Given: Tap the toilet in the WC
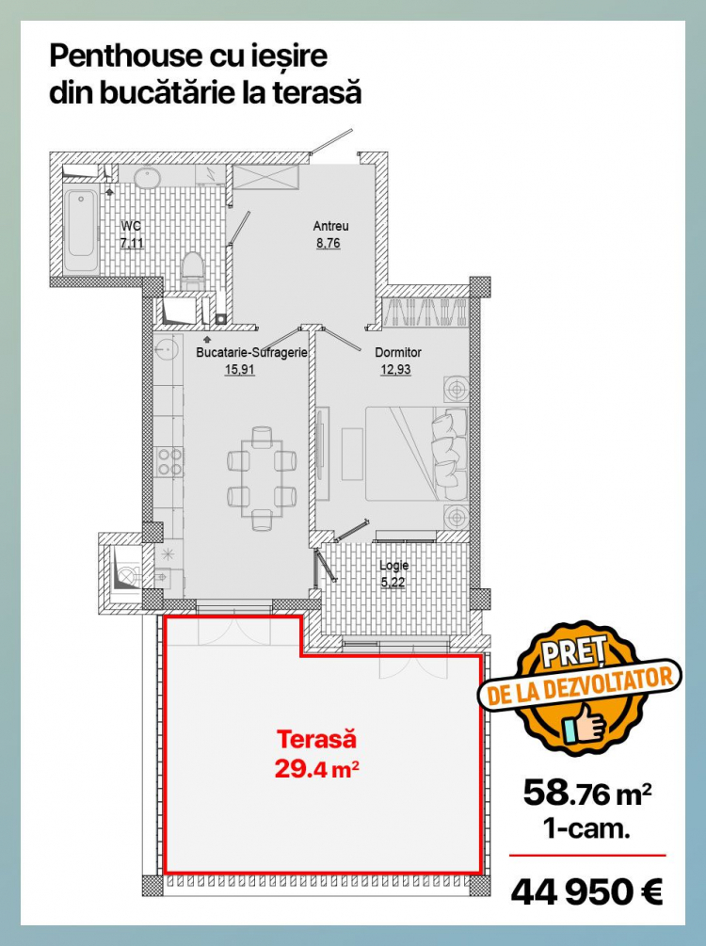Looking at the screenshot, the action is pos(192,269).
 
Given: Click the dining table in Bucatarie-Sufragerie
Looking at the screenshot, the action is pos(262,479).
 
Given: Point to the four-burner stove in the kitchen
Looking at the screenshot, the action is pos(168,461).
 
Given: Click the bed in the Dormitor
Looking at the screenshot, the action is pos(416,454).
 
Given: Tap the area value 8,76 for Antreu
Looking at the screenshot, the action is pos(329,243).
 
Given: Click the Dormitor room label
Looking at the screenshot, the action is pos(397,352).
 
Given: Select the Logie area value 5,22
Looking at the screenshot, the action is pos(393,583).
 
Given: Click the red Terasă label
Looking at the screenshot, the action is pos(316,739).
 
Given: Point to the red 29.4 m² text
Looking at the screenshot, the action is pos(317,769).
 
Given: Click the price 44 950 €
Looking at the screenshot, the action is pos(586,891).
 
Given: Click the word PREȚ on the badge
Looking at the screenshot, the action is pos(572,654).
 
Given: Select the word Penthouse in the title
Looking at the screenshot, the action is pos(125,56).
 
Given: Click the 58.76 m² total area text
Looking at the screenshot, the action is pos(587,794).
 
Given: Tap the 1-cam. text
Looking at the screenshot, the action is pos(586,828).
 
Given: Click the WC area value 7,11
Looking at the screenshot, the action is pos(132,243).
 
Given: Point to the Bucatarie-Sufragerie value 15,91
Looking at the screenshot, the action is pos(239,369).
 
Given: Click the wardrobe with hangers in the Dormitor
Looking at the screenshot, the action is pos(425,313).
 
